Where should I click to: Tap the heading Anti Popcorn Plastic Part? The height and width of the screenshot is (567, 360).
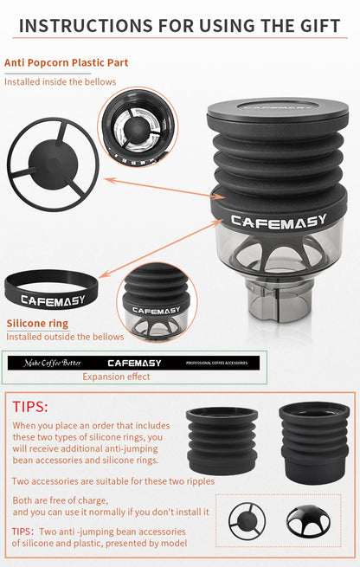tap(66, 62)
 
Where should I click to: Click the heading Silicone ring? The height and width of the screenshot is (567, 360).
tap(37, 323)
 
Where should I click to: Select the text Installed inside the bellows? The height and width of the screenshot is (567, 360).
tap(61, 81)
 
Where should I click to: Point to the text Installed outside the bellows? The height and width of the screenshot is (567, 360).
tap(65, 337)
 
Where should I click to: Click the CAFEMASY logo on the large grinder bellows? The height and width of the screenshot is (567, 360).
tap(279, 222)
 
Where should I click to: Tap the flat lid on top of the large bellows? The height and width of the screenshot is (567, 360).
tap(278, 110)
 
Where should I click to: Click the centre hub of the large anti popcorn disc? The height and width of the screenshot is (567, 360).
tap(53, 164)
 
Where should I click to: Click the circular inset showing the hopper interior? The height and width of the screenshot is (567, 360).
tap(138, 127)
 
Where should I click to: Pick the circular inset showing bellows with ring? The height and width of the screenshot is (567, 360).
tap(157, 302)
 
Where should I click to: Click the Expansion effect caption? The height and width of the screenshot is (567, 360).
tap(116, 377)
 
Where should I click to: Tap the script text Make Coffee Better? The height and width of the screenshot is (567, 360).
tap(53, 363)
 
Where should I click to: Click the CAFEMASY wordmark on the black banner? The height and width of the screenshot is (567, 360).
tap(134, 363)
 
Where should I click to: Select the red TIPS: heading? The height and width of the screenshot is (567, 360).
tap(30, 407)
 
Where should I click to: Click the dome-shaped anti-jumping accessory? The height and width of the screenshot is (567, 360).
tap(308, 520)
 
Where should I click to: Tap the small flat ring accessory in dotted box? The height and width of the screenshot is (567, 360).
tap(247, 522)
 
